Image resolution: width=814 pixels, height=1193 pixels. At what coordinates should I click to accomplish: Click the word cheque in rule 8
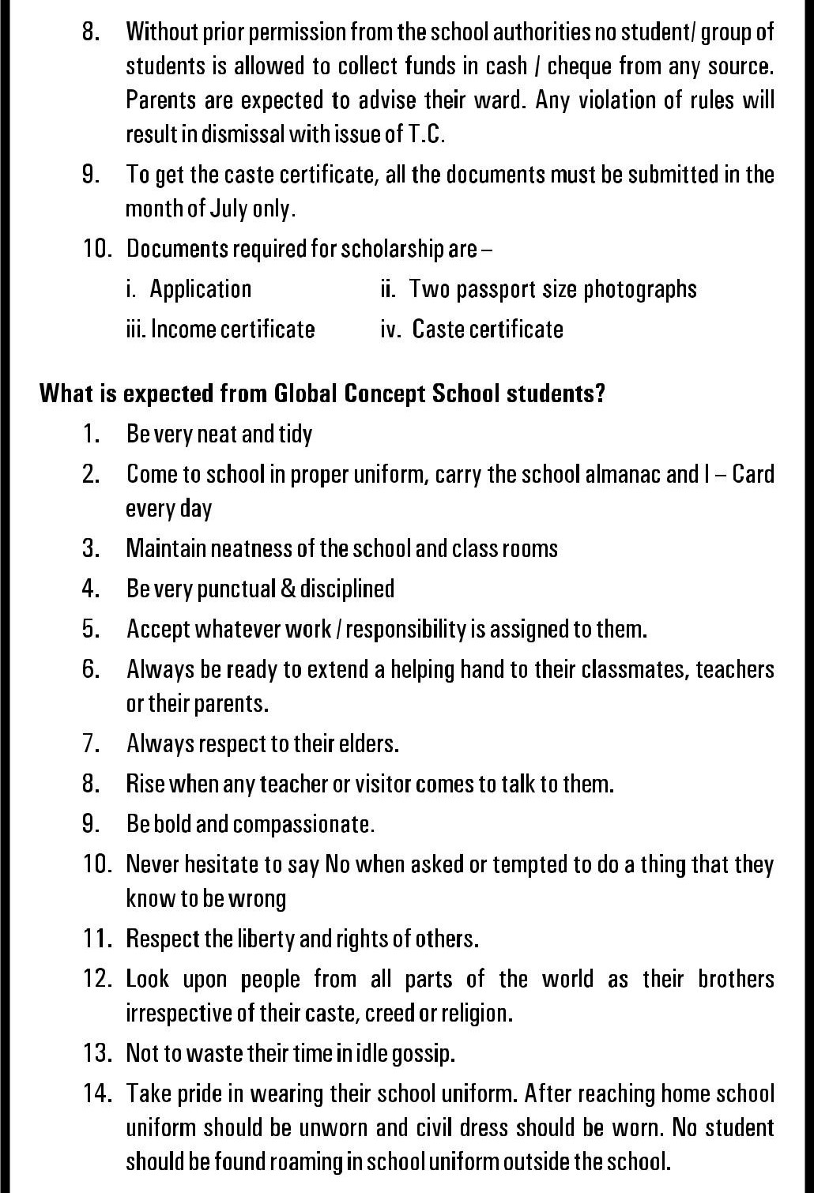(x=579, y=66)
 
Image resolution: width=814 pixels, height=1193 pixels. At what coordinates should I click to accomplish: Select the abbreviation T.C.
(x=427, y=134)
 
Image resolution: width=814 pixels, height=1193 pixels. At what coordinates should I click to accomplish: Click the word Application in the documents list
(x=201, y=289)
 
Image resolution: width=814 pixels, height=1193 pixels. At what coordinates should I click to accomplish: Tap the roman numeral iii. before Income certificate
(x=136, y=329)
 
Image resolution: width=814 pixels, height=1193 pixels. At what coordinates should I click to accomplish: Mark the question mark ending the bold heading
(x=600, y=393)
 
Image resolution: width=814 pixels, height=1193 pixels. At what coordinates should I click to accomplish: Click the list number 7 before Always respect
(x=90, y=743)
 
